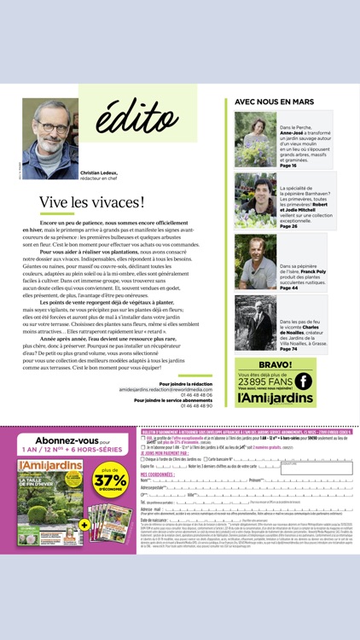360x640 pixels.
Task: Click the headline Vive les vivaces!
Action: click(91, 202)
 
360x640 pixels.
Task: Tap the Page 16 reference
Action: click(288, 166)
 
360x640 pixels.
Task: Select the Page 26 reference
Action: click(288, 226)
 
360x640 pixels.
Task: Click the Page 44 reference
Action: click(288, 288)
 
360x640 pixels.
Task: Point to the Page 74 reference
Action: click(288, 348)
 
